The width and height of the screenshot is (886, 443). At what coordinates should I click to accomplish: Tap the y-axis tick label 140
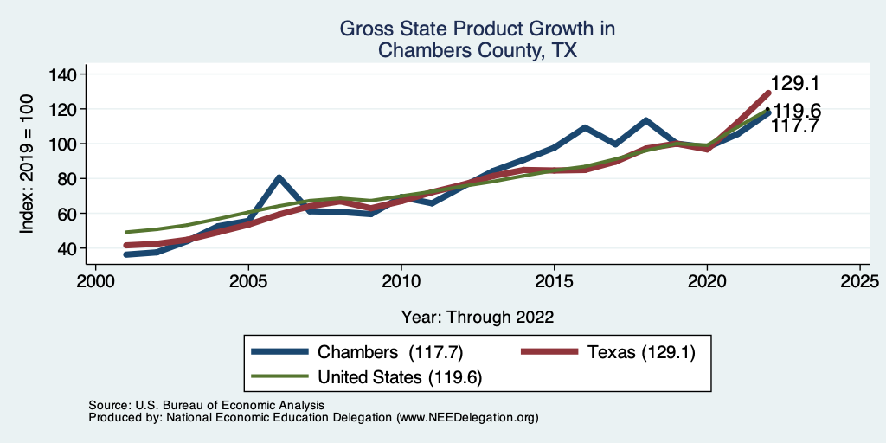click(62, 74)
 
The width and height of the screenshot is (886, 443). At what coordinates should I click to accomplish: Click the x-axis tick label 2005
click(248, 282)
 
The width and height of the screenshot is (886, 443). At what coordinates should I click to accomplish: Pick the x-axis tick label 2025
click(860, 282)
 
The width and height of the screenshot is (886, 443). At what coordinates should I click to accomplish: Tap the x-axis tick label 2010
click(401, 282)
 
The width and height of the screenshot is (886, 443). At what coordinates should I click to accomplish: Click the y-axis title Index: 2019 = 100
click(27, 161)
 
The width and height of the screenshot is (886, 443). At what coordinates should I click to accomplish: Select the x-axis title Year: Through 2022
click(478, 317)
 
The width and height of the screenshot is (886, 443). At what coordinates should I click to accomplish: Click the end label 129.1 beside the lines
click(795, 84)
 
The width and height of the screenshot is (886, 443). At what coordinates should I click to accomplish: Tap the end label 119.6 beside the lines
click(797, 111)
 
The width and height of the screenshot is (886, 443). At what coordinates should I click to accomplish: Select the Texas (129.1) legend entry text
click(640, 352)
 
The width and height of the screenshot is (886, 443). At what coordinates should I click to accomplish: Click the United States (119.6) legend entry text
click(400, 377)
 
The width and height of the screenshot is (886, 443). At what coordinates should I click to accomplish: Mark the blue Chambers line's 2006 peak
click(279, 177)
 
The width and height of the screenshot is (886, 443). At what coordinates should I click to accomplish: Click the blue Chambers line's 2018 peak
click(645, 120)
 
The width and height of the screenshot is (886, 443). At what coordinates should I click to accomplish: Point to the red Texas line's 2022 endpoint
click(767, 93)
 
